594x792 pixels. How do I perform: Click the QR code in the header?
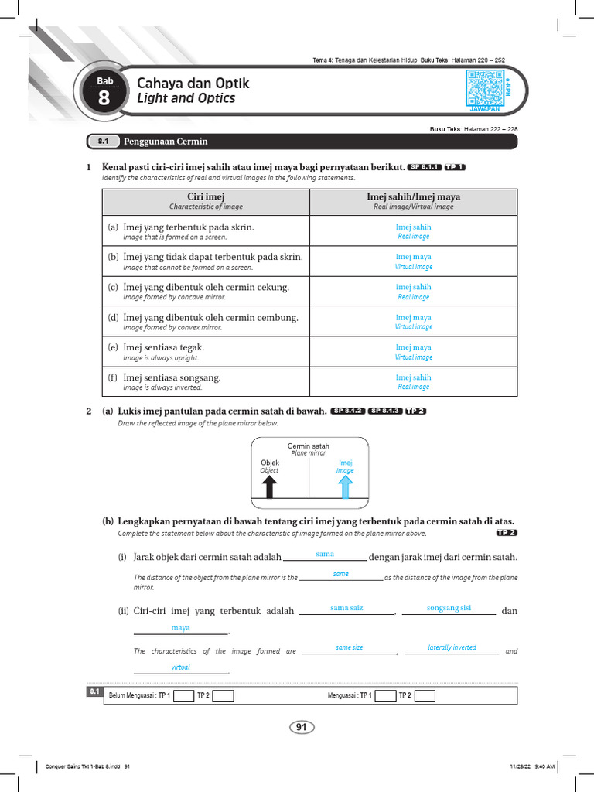[485, 87]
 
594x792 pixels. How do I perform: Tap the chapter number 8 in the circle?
[104, 98]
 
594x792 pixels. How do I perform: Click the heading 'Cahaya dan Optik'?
[193, 84]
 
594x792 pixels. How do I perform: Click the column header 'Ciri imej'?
[206, 197]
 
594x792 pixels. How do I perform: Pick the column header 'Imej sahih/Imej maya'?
[413, 197]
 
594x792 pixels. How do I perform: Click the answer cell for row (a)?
[413, 230]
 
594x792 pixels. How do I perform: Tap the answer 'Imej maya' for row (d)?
[413, 317]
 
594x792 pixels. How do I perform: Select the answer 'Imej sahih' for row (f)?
[413, 377]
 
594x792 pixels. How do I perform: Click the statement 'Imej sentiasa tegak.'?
[163, 347]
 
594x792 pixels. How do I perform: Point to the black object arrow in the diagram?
[269, 486]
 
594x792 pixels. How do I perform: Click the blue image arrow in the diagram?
[345, 486]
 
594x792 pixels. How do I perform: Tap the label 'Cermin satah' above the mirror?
[309, 446]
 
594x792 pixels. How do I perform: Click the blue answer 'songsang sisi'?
[449, 608]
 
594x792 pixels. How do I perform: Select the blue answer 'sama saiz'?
[346, 608]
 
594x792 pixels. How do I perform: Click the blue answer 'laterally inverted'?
[452, 647]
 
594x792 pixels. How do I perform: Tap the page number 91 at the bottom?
[302, 727]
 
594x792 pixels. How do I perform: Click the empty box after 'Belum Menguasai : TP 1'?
[183, 695]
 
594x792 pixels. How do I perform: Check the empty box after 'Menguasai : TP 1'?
[384, 695]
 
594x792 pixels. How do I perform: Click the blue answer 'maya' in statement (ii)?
[180, 628]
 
